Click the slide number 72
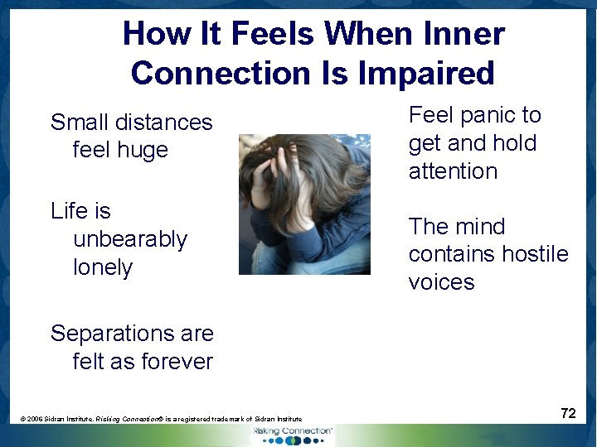(568, 413)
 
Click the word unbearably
(130, 239)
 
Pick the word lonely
(103, 267)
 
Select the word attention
(453, 171)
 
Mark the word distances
(163, 123)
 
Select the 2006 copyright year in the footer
(36, 420)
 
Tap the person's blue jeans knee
(274, 258)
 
